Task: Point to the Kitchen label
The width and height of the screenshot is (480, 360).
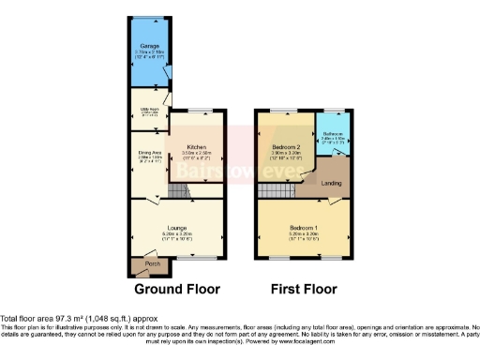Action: pyautogui.click(x=196, y=148)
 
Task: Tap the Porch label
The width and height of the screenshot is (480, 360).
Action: pyautogui.click(x=152, y=263)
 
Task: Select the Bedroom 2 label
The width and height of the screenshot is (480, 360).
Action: pyautogui.click(x=285, y=148)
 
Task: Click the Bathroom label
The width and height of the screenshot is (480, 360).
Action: pyautogui.click(x=333, y=133)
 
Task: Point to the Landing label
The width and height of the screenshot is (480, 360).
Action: pyautogui.click(x=332, y=183)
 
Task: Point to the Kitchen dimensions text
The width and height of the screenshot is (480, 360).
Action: pyautogui.click(x=196, y=154)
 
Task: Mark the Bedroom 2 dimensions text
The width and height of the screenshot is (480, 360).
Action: pyautogui.click(x=285, y=154)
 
